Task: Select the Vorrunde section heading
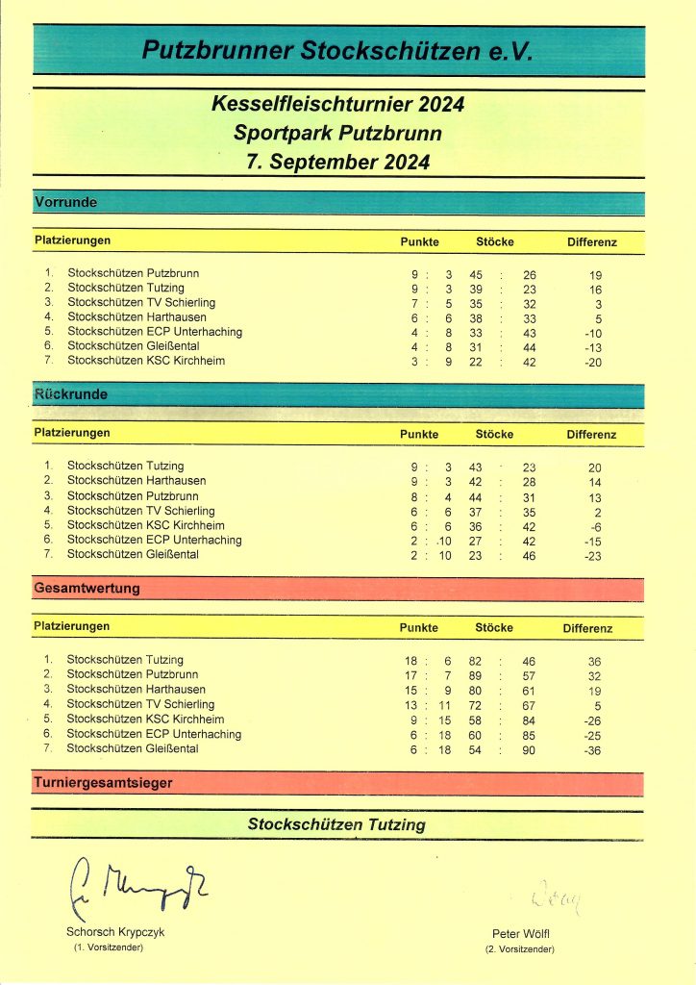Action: (x=66, y=202)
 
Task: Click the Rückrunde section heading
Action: (x=71, y=394)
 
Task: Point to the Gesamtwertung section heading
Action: (x=87, y=588)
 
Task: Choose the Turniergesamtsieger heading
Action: (x=103, y=783)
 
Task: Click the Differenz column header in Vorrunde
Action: (x=591, y=241)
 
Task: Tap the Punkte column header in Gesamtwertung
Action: (x=418, y=627)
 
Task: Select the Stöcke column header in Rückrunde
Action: (x=494, y=434)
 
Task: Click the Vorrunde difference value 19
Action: (x=595, y=274)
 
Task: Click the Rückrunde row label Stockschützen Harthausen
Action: (x=137, y=480)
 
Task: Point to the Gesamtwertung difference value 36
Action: (x=594, y=661)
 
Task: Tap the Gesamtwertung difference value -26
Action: (x=594, y=720)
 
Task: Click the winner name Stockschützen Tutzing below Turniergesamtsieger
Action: (x=336, y=824)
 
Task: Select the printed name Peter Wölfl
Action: (x=519, y=934)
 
